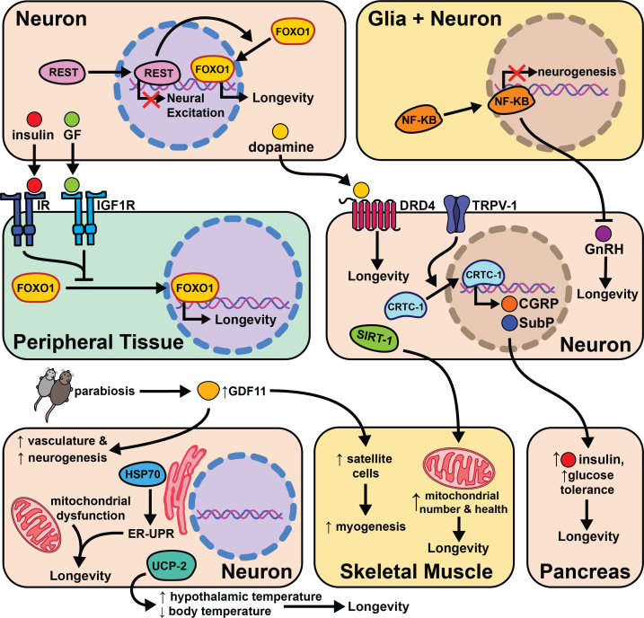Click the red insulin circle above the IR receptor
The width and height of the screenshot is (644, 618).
pyautogui.click(x=33, y=119)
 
